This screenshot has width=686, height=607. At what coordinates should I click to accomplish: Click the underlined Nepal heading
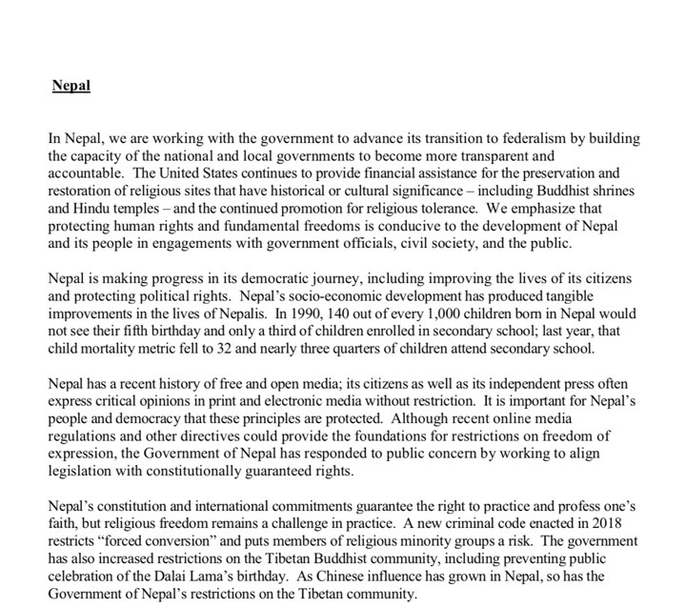[x=71, y=86]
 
